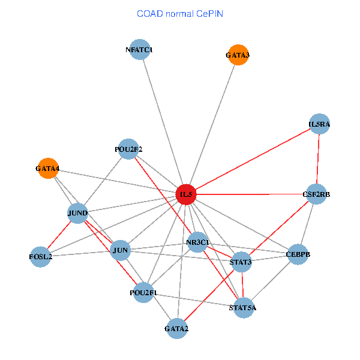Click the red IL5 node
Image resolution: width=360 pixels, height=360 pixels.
pyautogui.click(x=186, y=194)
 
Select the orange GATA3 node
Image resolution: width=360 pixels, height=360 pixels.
pyautogui.click(x=238, y=55)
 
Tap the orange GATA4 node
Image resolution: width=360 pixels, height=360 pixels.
pyautogui.click(x=47, y=169)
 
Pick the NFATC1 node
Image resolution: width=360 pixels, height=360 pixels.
pyautogui.click(x=139, y=50)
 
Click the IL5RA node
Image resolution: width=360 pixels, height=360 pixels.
pyautogui.click(x=320, y=124)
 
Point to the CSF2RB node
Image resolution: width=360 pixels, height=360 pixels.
pyautogui.click(x=316, y=194)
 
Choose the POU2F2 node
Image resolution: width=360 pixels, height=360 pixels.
pyautogui.click(x=128, y=149)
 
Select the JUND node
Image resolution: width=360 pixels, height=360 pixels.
pyautogui.click(x=78, y=213)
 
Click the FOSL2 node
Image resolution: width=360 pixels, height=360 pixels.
pyautogui.click(x=40, y=257)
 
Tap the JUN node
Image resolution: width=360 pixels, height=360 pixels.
pyautogui.click(x=121, y=250)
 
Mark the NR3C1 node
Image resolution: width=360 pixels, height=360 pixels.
pyautogui.click(x=197, y=243)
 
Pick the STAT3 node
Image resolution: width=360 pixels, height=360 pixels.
pyautogui.click(x=241, y=262)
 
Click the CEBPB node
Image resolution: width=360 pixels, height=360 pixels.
pyautogui.click(x=298, y=254)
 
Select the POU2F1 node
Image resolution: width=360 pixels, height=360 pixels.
pyautogui.click(x=143, y=292)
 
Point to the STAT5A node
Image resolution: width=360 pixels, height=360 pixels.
pyautogui.click(x=242, y=308)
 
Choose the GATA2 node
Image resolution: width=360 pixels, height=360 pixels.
pyautogui.click(x=176, y=328)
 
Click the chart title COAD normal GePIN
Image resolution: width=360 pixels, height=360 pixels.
pyautogui.click(x=180, y=13)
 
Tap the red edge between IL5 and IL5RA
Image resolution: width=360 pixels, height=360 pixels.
pyautogui.click(x=253, y=160)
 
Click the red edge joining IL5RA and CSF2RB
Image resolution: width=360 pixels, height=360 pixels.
pyautogui.click(x=318, y=159)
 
